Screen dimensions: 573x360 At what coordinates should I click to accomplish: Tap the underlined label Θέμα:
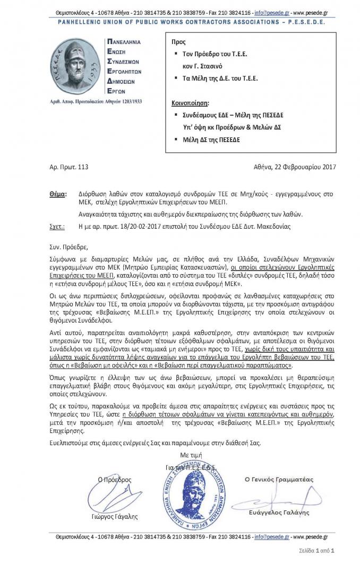point(57,195)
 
